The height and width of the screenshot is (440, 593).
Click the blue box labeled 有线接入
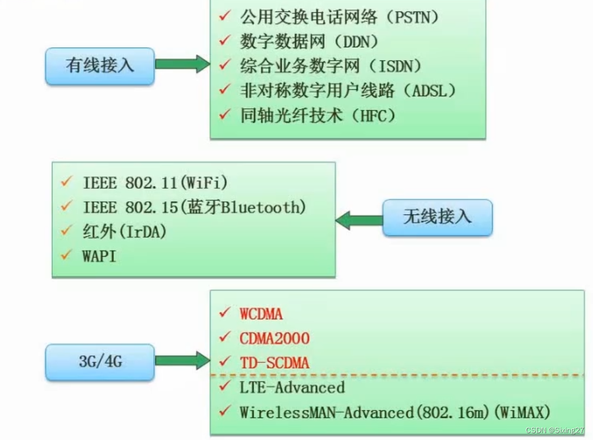100,66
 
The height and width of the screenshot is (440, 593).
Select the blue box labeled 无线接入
437,217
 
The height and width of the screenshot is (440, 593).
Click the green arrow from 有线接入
182,64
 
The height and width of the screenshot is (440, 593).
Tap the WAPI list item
99,256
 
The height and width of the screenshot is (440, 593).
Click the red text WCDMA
261,314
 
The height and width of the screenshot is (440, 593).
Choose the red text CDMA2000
274,339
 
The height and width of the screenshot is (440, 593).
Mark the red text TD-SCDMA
274,363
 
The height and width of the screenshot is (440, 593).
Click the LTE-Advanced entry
292,388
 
